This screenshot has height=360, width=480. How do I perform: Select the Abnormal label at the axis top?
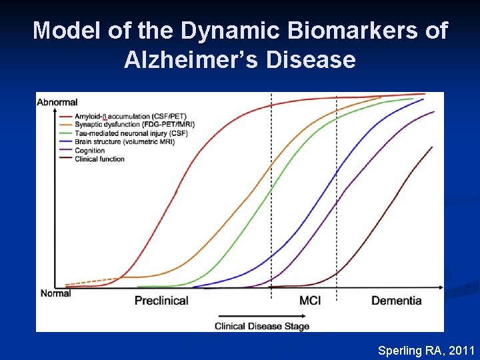pyautogui.click(x=57, y=102)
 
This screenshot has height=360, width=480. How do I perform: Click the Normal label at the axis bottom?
pyautogui.click(x=55, y=293)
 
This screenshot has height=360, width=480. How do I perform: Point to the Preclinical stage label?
pyautogui.click(x=161, y=301)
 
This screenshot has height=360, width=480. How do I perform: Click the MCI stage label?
pyautogui.click(x=310, y=301)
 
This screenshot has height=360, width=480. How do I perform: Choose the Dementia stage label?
pyautogui.click(x=396, y=301)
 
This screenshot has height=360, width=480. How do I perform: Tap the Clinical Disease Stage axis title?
pyautogui.click(x=262, y=326)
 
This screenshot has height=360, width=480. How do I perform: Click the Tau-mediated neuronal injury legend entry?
pyautogui.click(x=122, y=133)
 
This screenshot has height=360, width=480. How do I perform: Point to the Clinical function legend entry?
pyautogui.click(x=100, y=159)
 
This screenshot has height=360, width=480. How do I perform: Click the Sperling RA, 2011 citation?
pyautogui.click(x=426, y=350)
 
